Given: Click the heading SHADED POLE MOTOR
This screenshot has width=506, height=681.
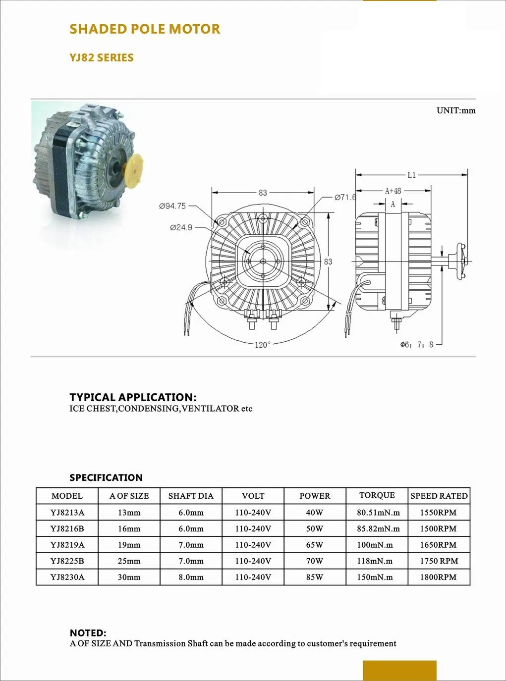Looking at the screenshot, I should coord(145,29).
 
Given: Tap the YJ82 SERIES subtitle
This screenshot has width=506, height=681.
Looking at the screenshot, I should coord(102,58).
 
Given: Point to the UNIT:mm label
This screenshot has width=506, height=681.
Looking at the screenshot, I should coord(455,110).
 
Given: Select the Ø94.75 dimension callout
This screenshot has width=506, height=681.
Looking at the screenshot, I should coord(172,206).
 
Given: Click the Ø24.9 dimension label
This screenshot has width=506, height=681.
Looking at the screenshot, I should coord(181,228).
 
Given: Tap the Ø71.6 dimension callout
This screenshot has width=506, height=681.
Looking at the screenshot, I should coord(345,197).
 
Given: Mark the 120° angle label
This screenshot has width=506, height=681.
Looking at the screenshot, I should coord(263,345).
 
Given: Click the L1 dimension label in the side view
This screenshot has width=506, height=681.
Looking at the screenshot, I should coord(411,175).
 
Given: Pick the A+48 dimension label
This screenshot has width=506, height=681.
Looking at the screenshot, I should coord(393,191).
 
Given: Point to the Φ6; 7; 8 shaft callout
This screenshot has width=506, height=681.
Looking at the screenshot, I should coord(417,344).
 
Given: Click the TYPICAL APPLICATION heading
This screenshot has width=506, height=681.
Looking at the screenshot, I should coord(133,397).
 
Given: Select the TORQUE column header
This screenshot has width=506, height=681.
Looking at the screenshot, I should coord(377,495).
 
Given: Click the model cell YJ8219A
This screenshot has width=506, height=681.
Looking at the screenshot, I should coord(67,545).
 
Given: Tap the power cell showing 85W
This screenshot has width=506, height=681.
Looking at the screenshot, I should coord(315,577).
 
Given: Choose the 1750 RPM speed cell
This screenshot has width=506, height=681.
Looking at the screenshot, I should coord(439,561).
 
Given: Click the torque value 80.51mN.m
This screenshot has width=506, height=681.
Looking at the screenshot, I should coord(378,513).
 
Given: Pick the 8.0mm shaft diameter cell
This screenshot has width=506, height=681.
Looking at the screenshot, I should coord(191,577).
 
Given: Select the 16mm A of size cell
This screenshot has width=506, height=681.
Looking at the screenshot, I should coord(129,529).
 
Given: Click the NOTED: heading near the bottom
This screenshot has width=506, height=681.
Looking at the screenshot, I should coord(88,633).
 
